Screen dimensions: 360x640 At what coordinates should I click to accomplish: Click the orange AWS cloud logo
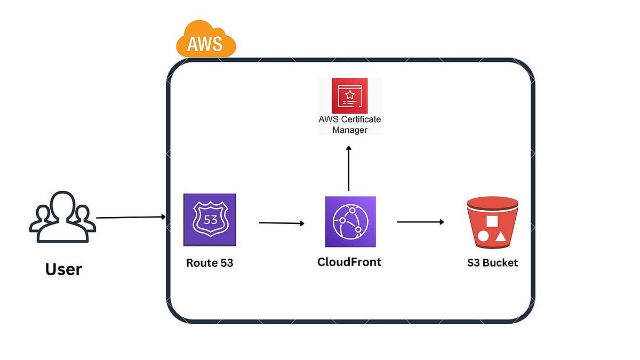tap(206, 39)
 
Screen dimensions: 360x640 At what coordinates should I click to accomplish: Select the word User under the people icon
tap(63, 269)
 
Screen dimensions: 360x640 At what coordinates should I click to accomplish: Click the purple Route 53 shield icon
tap(210, 220)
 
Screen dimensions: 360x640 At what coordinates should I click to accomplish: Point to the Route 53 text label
tap(210, 263)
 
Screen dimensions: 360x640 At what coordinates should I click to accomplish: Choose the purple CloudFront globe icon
tap(350, 222)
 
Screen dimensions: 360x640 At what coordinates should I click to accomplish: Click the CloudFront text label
tap(349, 262)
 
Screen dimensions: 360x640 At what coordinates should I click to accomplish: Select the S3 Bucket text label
tap(492, 263)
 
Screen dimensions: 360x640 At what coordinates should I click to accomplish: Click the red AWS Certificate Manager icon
tap(349, 96)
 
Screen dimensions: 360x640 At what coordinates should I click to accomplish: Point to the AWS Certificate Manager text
tap(349, 124)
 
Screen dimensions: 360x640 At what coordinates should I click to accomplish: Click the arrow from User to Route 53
tap(131, 217)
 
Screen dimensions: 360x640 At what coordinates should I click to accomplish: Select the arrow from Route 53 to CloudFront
tap(282, 223)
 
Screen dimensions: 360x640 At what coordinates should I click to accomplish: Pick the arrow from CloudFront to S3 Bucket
tap(420, 222)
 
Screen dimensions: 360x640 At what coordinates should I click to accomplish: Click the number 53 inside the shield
tap(210, 219)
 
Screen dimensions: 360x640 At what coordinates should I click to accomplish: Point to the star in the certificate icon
tap(350, 94)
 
